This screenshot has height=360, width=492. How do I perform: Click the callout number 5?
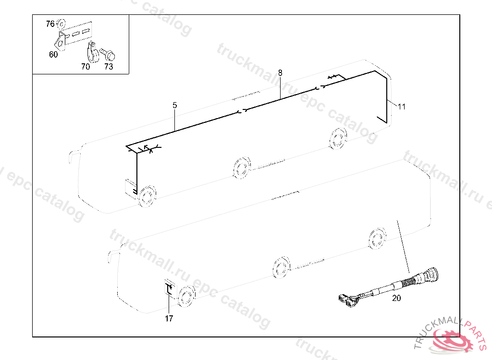tap(175, 106)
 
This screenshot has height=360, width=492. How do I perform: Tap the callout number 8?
tap(280, 73)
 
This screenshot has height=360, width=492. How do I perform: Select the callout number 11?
tap(402, 107)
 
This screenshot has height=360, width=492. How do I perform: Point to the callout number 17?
tap(169, 319)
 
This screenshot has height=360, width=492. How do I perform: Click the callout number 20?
tap(396, 298)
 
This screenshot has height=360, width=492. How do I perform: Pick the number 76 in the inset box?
tap(50, 24)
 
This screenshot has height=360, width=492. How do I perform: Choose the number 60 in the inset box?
tap(53, 55)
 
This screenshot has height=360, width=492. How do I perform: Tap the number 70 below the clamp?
tap(86, 67)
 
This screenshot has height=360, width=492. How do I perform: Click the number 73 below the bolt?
tap(109, 67)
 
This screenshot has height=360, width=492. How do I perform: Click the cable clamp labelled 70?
tap(92, 52)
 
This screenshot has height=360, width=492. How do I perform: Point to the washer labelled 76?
tap(61, 24)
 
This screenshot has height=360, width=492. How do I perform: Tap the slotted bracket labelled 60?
tap(74, 35)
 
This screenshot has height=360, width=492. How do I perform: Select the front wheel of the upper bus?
tap(146, 196)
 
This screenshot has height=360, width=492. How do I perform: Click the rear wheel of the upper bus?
tap(338, 138)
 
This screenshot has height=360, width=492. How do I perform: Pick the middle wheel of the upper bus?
tap(242, 168)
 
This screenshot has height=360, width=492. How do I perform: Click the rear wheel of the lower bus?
tap(377, 239)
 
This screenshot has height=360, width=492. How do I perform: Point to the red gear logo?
tap(452, 341)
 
